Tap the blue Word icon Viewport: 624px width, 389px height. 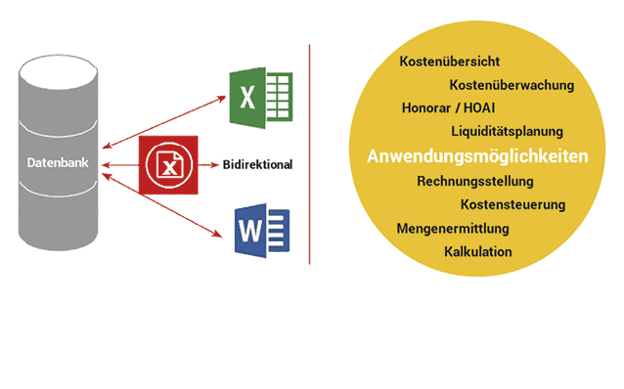(261, 228)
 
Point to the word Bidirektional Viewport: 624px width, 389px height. (258, 164)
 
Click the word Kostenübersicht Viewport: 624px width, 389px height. (450, 62)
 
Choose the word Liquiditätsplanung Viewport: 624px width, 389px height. (507, 131)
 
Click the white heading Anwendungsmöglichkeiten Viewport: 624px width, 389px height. (477, 156)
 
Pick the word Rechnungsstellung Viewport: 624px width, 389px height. (474, 181)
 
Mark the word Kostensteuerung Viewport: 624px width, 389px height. (513, 204)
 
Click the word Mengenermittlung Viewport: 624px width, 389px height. (452, 229)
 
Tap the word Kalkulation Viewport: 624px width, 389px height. (477, 252)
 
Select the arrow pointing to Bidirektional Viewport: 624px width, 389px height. (206, 165)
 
